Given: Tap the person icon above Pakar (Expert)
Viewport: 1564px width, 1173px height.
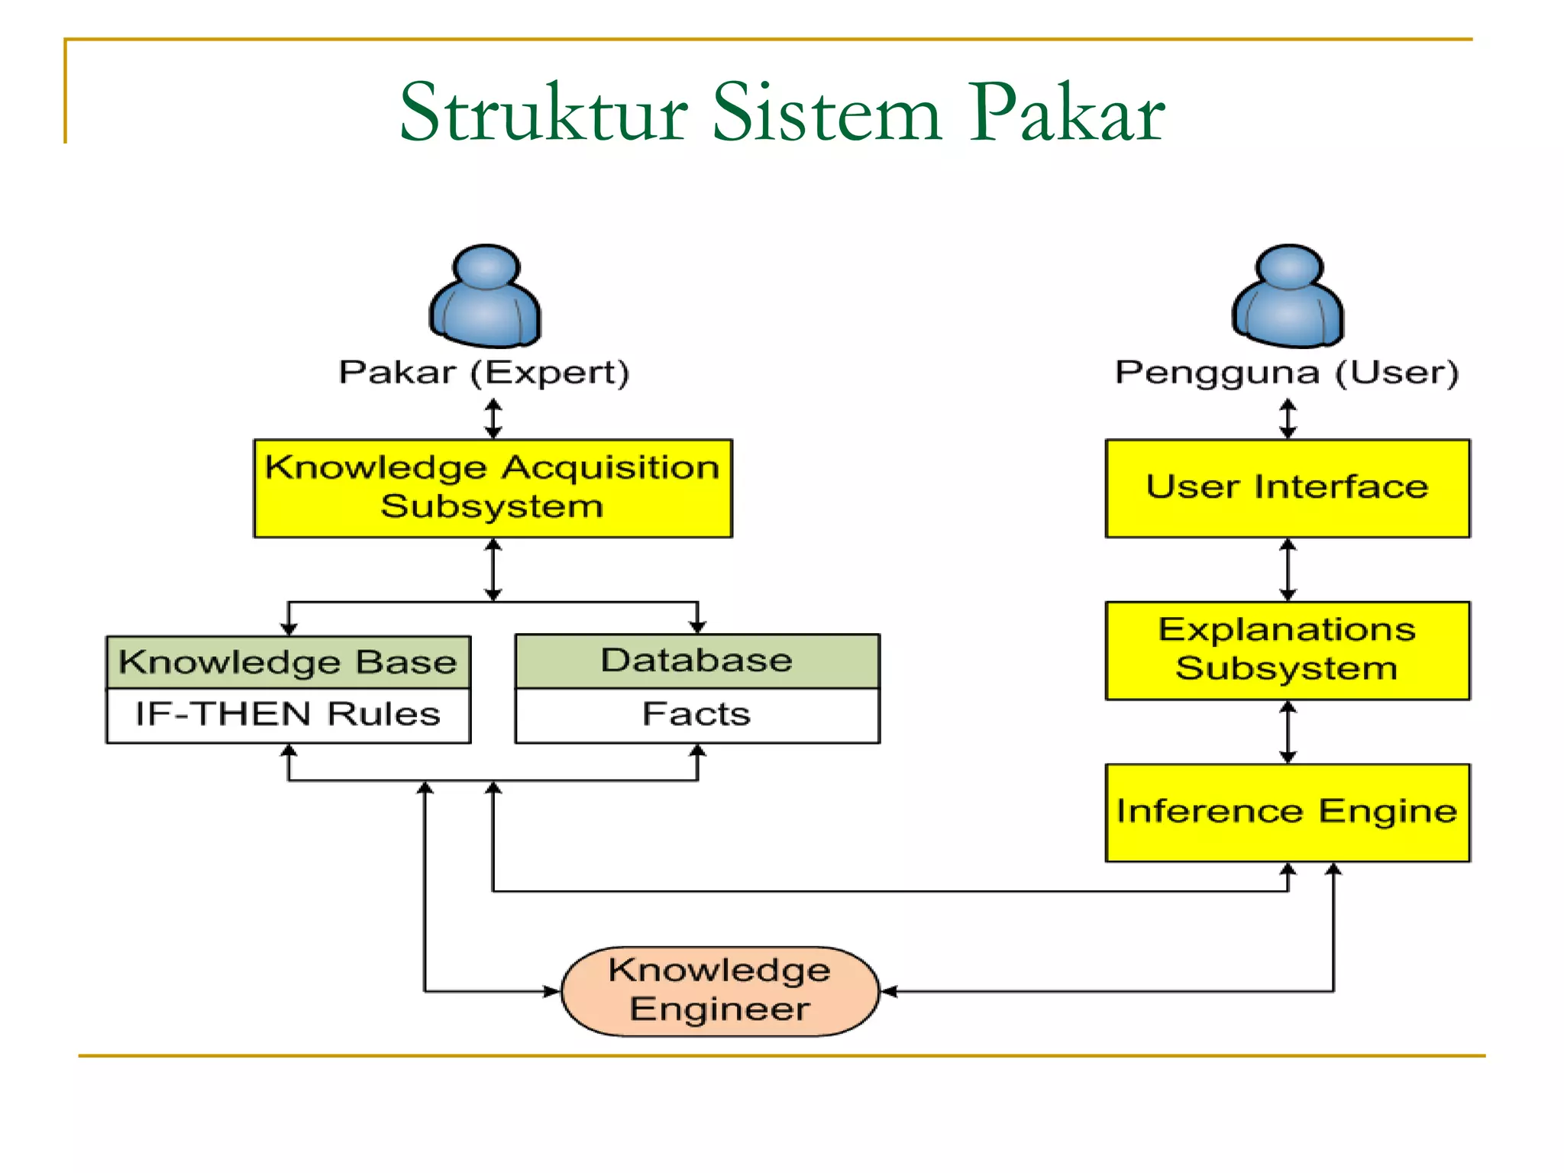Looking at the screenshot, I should point(486,296).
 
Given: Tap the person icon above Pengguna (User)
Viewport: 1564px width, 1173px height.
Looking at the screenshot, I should point(1288,296).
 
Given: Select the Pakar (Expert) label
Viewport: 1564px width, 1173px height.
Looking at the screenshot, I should point(484,373).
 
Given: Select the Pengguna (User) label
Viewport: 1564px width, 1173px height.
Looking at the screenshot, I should point(1287,373).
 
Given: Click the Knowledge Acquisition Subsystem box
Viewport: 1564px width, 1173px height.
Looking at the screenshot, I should point(493,488).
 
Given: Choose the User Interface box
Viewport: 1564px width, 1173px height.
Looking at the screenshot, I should point(1288,488).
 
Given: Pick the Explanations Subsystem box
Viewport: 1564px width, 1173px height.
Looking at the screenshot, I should point(1288,650).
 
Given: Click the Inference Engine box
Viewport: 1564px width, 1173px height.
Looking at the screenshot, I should point(1288,813).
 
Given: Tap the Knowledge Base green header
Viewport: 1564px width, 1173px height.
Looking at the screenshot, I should point(288,662).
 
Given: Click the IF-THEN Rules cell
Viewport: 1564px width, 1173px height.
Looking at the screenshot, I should point(288,715).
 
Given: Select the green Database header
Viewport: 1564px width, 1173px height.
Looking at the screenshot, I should point(697,661).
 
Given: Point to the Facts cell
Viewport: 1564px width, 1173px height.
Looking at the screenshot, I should point(697,715).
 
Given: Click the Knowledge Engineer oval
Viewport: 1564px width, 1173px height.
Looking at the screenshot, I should point(719,990).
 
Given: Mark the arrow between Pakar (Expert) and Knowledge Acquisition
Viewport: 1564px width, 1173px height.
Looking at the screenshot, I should point(493,418).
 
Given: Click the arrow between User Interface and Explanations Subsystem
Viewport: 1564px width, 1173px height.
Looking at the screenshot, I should point(1288,570).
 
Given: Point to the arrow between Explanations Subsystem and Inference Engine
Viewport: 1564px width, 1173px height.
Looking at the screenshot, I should point(1288,732).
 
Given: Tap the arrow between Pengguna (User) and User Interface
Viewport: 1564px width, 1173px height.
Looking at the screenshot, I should point(1288,418).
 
